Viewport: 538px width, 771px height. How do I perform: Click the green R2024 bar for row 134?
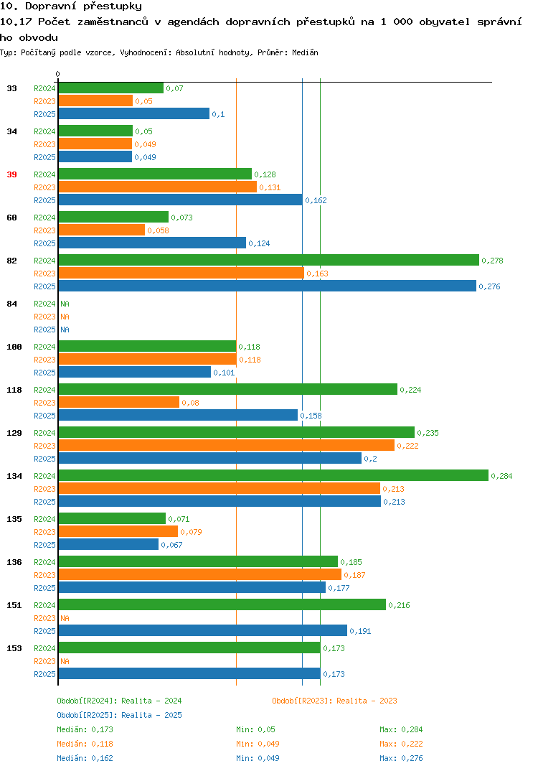[274, 475]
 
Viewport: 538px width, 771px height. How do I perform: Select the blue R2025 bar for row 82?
[268, 286]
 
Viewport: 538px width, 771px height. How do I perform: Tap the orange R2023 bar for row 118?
[119, 403]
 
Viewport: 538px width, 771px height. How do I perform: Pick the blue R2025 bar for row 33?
[134, 113]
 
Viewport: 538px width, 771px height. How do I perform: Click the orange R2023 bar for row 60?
[102, 230]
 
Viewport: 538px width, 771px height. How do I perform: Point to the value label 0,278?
[492, 261]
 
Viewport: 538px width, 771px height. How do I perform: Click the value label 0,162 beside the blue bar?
[316, 200]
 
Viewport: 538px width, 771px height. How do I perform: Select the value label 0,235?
[428, 433]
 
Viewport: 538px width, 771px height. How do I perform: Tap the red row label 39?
[11, 174]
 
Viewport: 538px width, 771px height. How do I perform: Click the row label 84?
[11, 304]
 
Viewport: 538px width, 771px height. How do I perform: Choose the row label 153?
[14, 648]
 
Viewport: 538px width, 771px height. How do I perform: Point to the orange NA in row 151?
[65, 618]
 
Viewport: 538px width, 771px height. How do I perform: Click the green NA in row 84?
[65, 304]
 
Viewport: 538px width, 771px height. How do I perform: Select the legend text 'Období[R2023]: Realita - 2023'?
[334, 701]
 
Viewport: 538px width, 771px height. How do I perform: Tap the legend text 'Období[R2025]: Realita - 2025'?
[119, 715]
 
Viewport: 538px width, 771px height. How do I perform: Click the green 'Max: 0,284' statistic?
[401, 729]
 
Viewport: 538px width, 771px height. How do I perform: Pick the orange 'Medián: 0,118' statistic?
[85, 744]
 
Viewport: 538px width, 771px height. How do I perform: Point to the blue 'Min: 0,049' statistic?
[258, 758]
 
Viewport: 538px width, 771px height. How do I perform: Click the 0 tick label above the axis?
[57, 74]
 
